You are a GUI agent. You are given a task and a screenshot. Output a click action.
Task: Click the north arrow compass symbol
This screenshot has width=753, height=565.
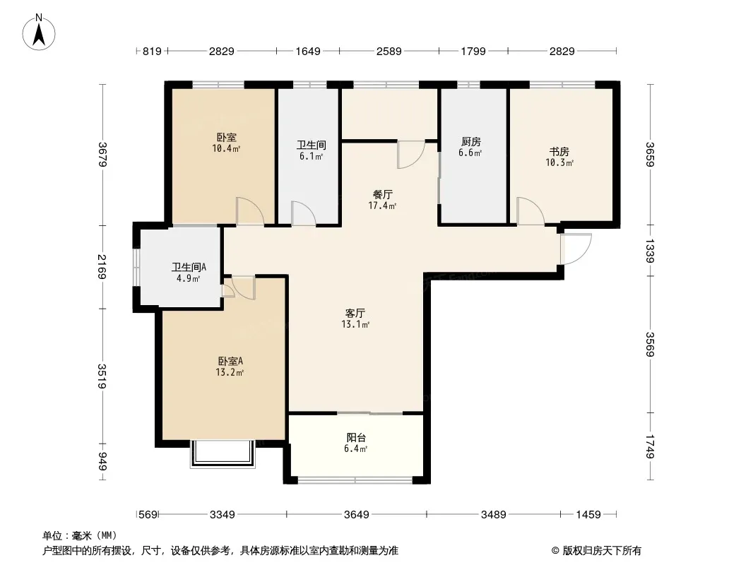coord(39,32)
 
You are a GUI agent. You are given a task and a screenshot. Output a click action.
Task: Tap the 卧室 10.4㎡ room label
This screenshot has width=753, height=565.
coord(226,143)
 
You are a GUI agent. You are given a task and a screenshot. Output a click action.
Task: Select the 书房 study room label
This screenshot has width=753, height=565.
coord(559,157)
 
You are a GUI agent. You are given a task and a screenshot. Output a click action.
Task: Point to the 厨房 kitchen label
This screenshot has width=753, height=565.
coord(470,147)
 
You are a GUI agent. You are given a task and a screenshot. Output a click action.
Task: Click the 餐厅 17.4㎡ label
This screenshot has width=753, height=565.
coord(382,200)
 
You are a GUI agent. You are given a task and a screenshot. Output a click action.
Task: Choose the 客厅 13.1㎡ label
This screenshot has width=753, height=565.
coord(355,319)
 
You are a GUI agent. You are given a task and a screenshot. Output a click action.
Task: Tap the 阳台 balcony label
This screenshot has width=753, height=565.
coord(356,443)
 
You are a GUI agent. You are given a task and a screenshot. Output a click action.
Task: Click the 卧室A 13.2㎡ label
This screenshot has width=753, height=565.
coord(230,367)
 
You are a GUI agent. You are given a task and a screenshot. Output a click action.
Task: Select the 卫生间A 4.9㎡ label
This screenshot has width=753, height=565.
coord(189,272)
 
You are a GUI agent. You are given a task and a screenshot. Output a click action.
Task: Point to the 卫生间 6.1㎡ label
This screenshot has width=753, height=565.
coord(312,150)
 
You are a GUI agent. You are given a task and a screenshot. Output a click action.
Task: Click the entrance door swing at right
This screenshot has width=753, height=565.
coord(576,249)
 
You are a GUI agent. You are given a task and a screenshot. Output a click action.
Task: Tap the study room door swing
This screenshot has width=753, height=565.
coord(530,211)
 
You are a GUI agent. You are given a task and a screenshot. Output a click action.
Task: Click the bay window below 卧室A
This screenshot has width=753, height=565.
coord(223,453)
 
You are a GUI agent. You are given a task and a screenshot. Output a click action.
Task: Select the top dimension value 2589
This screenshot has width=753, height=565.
coord(389,51)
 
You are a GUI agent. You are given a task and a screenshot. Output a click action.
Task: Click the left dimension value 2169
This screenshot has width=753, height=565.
coord(102,267)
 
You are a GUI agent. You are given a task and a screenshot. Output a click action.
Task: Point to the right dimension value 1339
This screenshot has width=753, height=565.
coord(651,251)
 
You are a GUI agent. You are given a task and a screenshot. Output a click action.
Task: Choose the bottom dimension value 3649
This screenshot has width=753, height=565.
coord(356,515)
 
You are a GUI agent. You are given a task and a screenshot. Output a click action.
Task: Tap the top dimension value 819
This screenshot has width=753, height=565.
coord(153,51)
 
